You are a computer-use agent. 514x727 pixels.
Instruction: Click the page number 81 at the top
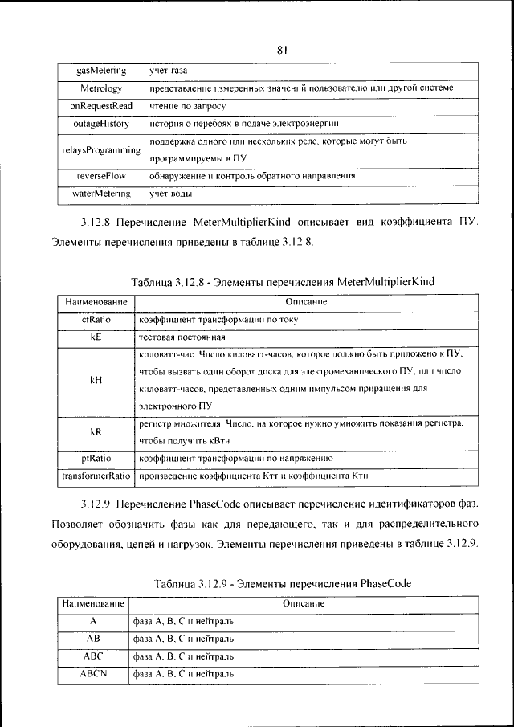[282, 50]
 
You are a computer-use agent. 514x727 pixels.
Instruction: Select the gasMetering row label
[101, 71]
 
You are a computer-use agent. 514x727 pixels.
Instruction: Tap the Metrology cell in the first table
[101, 88]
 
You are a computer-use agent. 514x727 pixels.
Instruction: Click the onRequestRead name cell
[101, 105]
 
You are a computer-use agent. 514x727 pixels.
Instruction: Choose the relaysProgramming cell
[101, 149]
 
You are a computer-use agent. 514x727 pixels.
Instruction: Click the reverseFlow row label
[101, 175]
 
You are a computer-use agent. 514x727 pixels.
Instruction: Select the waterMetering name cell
[101, 193]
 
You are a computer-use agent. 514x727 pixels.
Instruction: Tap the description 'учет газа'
[169, 71]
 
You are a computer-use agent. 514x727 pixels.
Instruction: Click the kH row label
[96, 380]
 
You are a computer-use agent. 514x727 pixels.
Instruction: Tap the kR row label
[96, 431]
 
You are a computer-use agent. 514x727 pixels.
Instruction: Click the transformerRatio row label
[96, 476]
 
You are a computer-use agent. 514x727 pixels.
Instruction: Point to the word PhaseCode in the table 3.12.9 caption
[386, 584]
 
